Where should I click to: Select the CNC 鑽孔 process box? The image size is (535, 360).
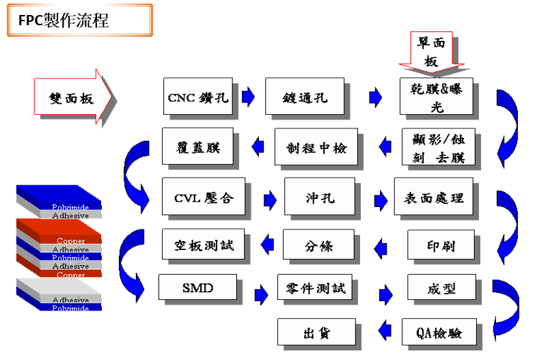click(x=198, y=97)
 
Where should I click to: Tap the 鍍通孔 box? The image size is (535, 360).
click(x=305, y=97)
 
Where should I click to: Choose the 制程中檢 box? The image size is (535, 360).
click(x=316, y=147)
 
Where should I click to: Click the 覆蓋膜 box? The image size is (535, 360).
click(x=197, y=146)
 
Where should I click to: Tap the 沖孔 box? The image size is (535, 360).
click(x=320, y=197)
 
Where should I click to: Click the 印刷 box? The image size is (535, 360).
click(x=441, y=245)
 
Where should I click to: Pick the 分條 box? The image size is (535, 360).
click(x=318, y=245)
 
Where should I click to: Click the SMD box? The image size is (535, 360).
click(x=197, y=287)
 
